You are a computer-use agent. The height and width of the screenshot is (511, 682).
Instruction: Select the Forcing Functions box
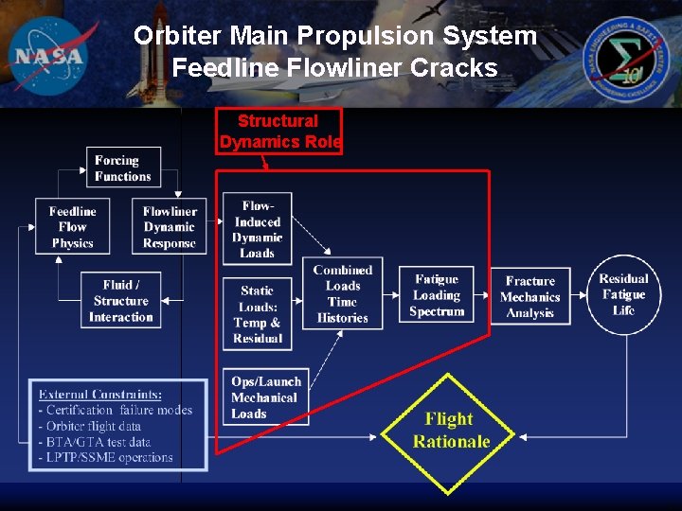click(x=123, y=168)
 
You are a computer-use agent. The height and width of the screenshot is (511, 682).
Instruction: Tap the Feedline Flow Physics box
click(x=72, y=227)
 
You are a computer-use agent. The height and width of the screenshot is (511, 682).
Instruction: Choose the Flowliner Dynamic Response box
click(x=170, y=227)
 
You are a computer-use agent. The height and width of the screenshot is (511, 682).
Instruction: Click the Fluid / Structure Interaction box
click(x=121, y=301)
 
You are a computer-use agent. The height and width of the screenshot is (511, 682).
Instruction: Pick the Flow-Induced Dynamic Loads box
click(x=257, y=229)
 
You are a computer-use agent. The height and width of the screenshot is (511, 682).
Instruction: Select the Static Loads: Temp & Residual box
click(x=257, y=314)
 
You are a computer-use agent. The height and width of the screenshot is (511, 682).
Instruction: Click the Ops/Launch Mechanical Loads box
click(x=264, y=397)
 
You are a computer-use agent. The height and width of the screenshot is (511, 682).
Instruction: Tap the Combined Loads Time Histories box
click(x=342, y=293)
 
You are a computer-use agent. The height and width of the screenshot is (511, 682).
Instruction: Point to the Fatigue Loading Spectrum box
click(x=437, y=295)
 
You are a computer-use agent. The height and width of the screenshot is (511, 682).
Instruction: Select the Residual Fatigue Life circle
click(x=623, y=294)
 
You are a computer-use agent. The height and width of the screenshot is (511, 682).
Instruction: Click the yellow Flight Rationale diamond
click(x=449, y=432)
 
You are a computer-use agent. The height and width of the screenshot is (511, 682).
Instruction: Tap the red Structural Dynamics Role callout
click(x=278, y=132)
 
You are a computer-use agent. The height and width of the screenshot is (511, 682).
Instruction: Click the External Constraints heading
click(x=99, y=394)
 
